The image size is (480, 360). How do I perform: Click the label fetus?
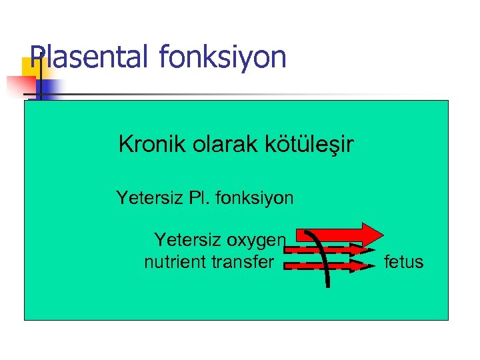tap(404, 262)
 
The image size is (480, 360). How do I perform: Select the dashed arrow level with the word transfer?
tap(327, 265)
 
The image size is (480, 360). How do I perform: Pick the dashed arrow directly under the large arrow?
tap(327, 249)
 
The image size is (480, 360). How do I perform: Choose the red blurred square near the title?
tap(20, 85)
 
